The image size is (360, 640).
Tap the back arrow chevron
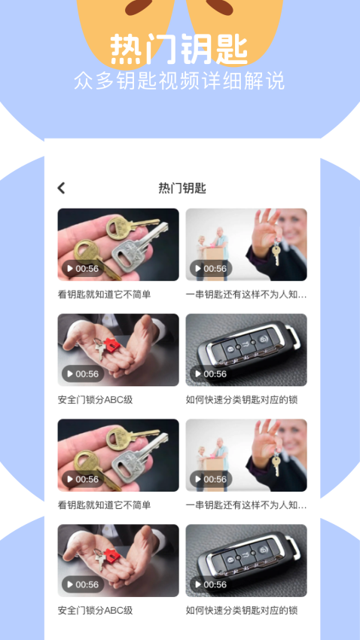point(62,188)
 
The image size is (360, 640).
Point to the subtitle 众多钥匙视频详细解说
point(179,81)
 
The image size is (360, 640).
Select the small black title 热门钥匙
point(182,188)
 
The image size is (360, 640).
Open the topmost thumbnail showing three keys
point(118,244)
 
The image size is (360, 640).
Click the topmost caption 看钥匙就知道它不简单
point(104,294)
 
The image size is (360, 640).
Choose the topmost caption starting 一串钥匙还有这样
point(246,294)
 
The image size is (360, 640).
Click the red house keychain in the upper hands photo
point(111,345)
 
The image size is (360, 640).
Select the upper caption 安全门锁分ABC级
point(95,400)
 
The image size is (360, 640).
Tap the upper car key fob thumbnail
point(246,349)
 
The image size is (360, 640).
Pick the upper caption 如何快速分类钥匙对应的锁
point(241,400)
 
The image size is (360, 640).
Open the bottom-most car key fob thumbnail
point(246,560)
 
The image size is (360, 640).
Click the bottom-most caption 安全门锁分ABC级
point(95,611)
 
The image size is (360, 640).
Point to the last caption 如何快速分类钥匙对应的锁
point(241,611)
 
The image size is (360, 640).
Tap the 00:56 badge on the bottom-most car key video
point(210,584)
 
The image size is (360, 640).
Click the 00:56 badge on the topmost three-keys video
point(82,268)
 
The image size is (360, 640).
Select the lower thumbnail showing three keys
point(118,455)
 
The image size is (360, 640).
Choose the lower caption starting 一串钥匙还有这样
point(246,505)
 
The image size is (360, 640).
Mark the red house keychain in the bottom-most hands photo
point(111,556)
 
